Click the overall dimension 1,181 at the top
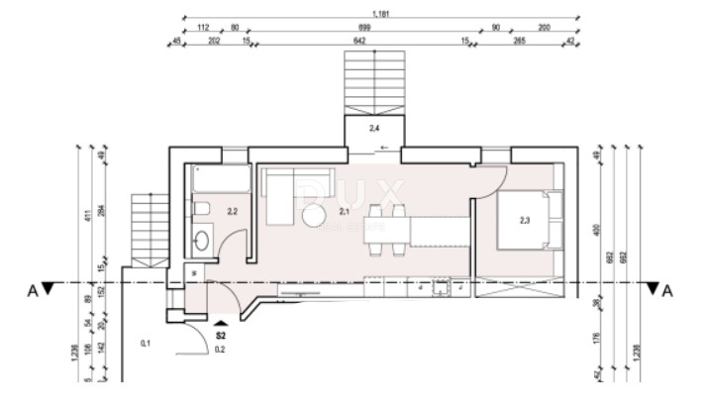click(379, 14)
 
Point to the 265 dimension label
click(518, 42)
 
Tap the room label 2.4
click(374, 128)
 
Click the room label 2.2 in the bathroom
click(233, 210)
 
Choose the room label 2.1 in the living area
click(346, 210)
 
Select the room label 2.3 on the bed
click(525, 220)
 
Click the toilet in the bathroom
click(201, 210)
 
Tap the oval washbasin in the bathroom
click(202, 239)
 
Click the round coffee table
click(315, 216)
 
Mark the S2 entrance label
click(221, 336)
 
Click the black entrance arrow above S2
click(221, 322)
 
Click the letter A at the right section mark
click(668, 290)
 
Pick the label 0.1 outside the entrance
click(146, 344)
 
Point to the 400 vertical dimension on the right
click(595, 229)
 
